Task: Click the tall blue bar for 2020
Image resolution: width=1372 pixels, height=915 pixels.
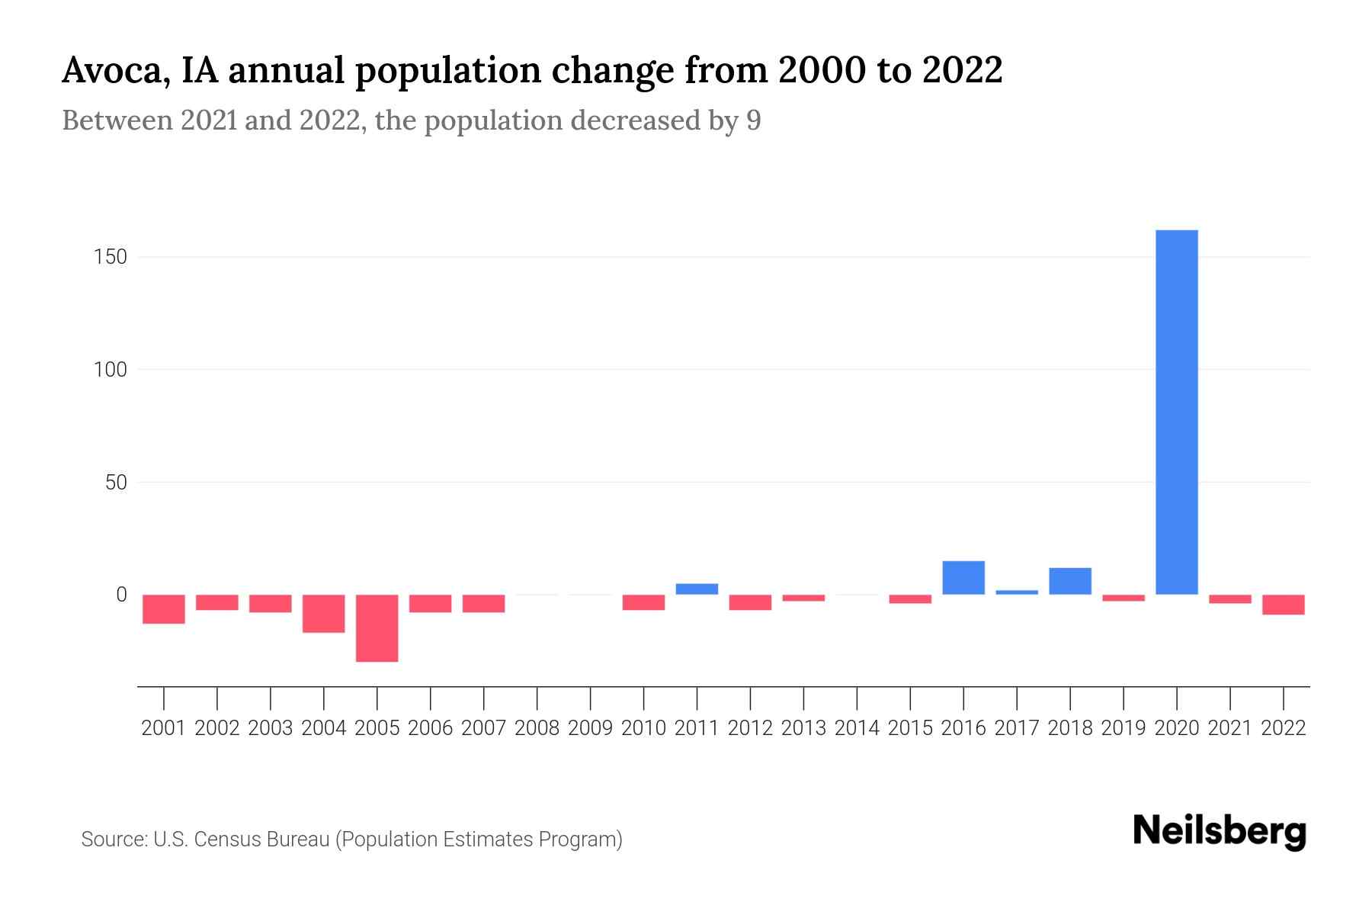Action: tap(1176, 412)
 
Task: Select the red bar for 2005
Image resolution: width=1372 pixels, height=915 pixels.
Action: tap(377, 628)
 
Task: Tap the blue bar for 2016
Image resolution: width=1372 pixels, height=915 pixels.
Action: tap(963, 578)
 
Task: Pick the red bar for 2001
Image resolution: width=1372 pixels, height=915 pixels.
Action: tap(164, 609)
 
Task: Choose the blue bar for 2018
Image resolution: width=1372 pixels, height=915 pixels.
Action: tap(1070, 581)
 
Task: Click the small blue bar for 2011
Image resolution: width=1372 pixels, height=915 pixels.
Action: tap(697, 589)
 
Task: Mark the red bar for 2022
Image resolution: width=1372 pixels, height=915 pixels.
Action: tap(1283, 605)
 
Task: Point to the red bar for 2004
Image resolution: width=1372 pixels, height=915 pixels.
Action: tap(324, 614)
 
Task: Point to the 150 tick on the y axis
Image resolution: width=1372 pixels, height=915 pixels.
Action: tap(111, 257)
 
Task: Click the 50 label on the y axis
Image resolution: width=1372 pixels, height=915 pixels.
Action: tap(116, 483)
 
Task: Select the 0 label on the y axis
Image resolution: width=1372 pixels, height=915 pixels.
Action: tap(121, 595)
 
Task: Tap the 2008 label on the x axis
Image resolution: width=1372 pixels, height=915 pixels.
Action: tap(537, 728)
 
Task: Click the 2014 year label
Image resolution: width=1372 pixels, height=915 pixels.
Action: tap(857, 728)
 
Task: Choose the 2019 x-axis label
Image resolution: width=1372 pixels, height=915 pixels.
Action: tap(1124, 728)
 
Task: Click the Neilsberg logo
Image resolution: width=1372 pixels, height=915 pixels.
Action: tap(1219, 832)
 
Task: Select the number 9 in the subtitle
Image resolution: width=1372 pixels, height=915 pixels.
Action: tap(753, 120)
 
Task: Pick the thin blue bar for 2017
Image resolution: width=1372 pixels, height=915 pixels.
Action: tap(1017, 592)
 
